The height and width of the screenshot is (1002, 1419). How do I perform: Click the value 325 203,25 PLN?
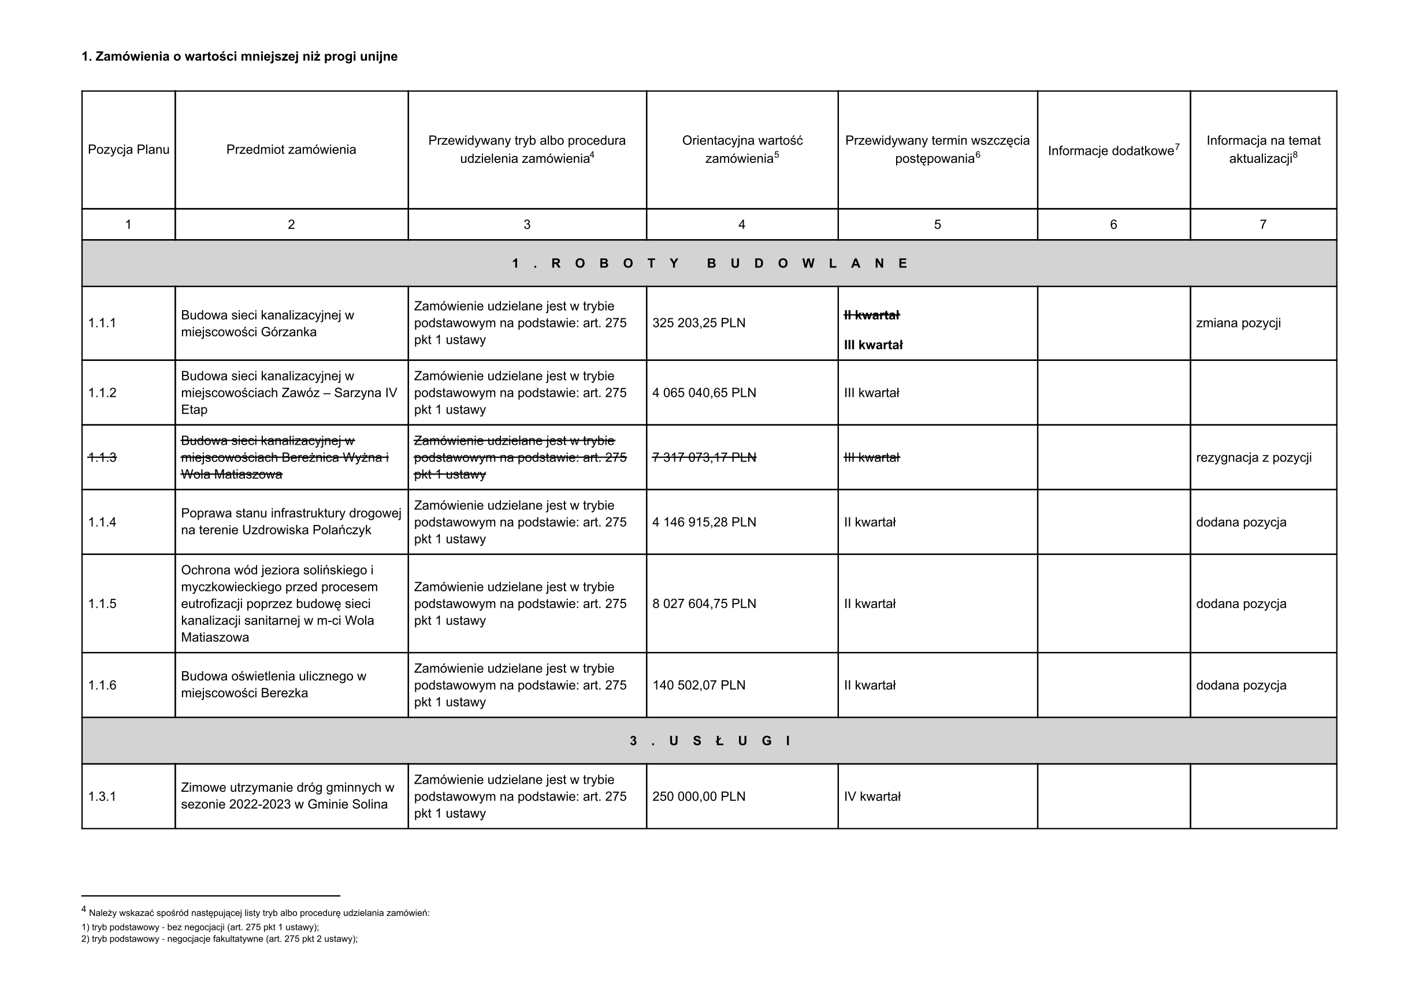coord(699,323)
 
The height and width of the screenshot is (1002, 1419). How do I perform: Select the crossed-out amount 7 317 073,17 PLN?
coord(704,457)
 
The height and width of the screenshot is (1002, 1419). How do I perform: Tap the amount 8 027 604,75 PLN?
coord(704,604)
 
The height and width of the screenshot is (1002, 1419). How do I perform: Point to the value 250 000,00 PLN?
coord(699,796)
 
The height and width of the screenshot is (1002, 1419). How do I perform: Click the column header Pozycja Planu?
coord(128,150)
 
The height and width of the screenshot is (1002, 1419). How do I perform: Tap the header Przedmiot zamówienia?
coord(291,150)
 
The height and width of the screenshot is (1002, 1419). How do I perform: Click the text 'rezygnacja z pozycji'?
coord(1253,458)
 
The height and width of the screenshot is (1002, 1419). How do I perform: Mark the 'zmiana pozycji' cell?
coord(1238,323)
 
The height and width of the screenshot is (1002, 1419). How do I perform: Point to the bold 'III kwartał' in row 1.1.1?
coord(872,345)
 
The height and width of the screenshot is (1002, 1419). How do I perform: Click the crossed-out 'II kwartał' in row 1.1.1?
coord(871,315)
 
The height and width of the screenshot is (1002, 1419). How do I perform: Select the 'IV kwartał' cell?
coord(872,796)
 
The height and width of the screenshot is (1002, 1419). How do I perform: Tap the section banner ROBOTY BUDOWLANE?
coord(709,263)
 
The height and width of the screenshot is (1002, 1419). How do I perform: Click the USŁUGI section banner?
coord(709,741)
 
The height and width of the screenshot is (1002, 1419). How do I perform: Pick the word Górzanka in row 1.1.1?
coord(289,332)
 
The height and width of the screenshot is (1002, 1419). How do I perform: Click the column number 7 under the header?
coord(1262,224)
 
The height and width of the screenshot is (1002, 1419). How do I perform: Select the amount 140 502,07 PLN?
coord(699,685)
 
